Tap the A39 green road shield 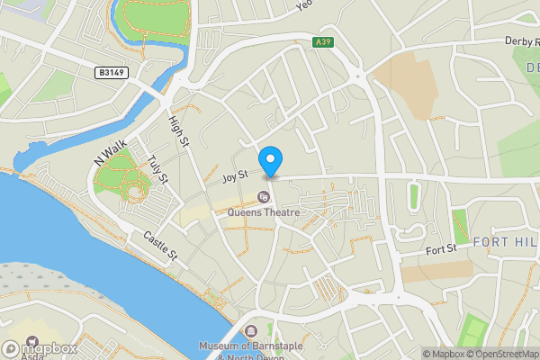(x=323, y=42)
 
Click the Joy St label (x=235, y=180)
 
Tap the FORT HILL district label (x=505, y=241)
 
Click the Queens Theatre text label (x=263, y=212)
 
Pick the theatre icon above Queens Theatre (x=264, y=197)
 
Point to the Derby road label (x=520, y=40)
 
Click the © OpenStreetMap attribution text (x=501, y=354)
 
